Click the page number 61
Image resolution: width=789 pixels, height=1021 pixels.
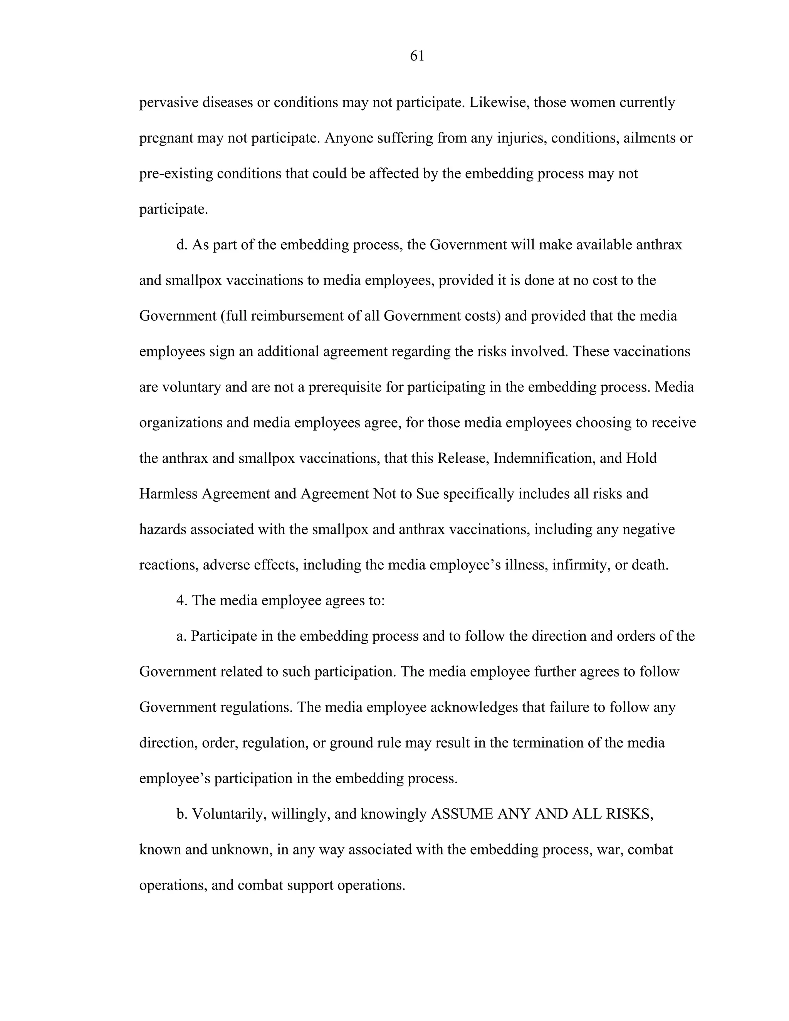[x=417, y=56]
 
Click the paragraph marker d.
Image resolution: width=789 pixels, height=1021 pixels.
[x=181, y=245]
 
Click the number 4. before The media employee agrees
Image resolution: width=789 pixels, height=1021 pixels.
[x=181, y=601]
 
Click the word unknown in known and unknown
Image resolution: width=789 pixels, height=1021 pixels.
[x=242, y=850]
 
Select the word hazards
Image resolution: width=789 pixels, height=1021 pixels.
[x=162, y=530]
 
